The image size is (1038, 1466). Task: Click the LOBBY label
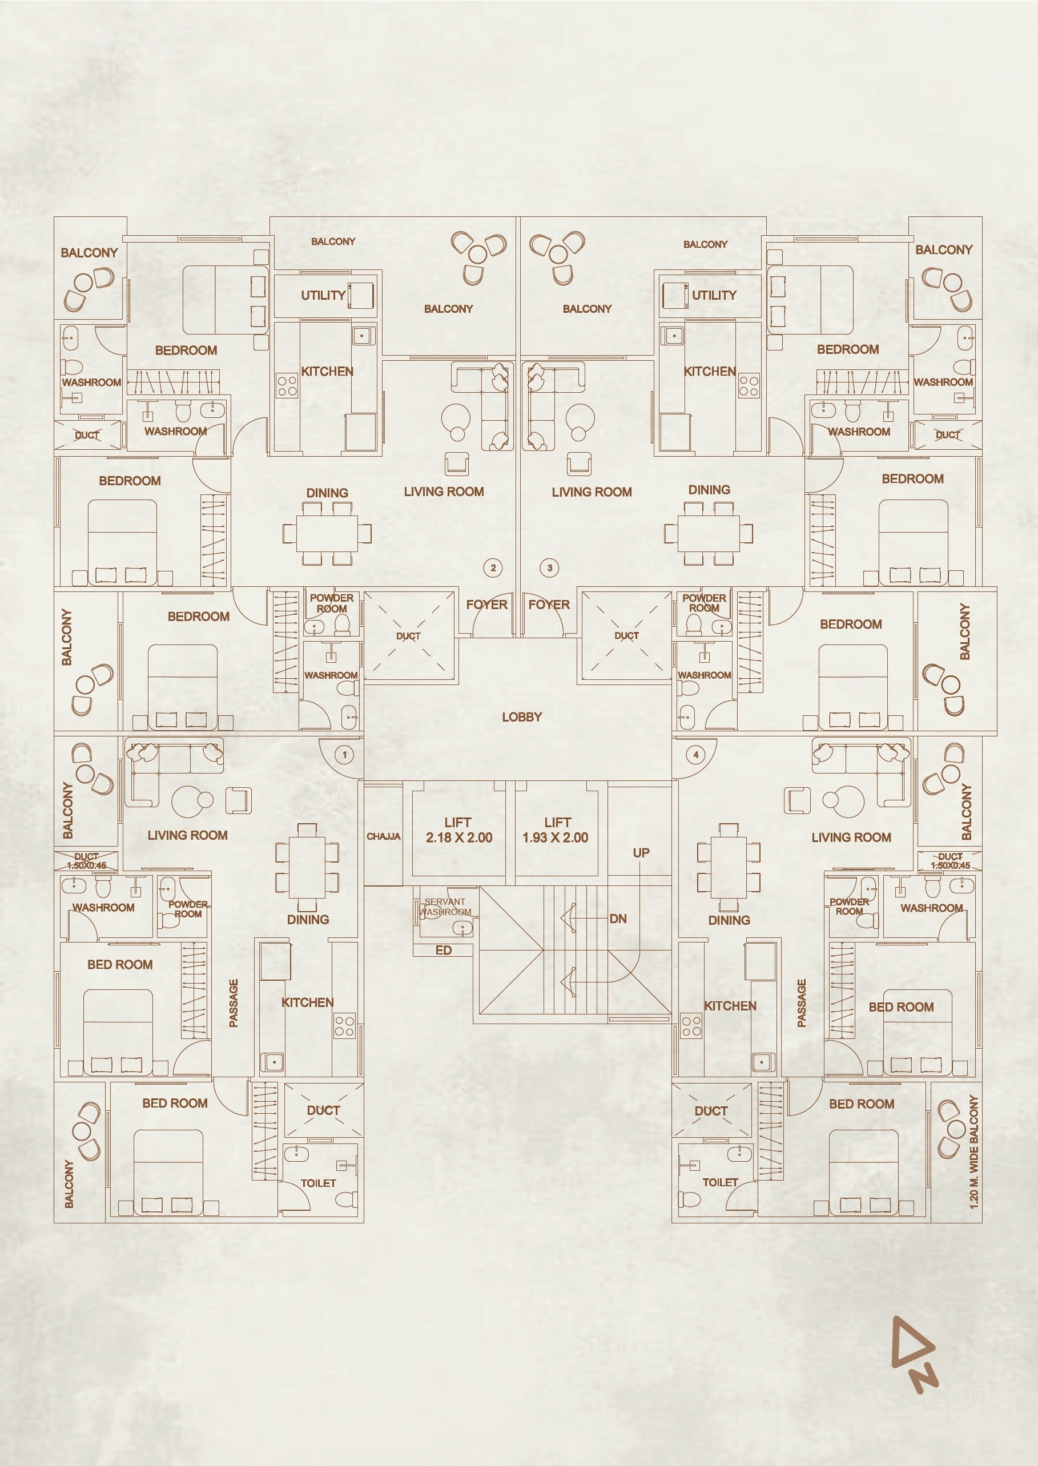(521, 717)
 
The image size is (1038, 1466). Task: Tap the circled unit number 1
(344, 755)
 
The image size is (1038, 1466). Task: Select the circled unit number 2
(493, 567)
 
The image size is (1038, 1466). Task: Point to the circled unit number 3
(550, 567)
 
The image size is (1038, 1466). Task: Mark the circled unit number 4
(696, 755)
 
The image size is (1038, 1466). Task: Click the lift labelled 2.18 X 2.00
(459, 830)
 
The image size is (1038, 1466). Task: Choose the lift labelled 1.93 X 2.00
(556, 830)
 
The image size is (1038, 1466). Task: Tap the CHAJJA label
(384, 836)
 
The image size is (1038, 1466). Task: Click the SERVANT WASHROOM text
(445, 907)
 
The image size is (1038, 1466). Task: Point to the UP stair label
(641, 852)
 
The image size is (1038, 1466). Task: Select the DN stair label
(618, 919)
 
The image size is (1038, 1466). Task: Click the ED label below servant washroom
(444, 951)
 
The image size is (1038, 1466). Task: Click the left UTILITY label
(323, 295)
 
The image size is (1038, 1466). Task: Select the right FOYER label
(549, 605)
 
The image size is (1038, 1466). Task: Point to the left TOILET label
(318, 1183)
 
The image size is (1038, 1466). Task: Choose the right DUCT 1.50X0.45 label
(951, 861)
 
